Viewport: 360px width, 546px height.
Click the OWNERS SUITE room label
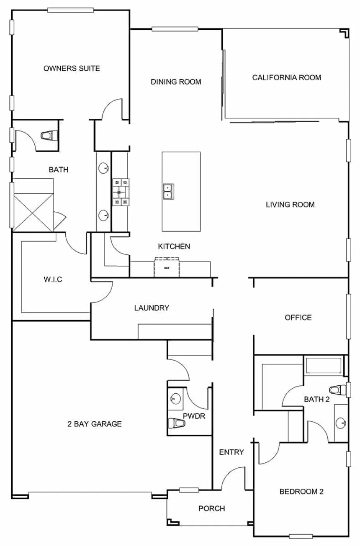pos(72,68)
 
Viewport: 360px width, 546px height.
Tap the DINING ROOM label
pos(176,82)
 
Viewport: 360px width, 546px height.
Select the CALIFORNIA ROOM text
pos(287,77)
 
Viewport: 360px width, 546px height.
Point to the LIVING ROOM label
pos(290,205)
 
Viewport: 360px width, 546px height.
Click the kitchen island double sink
pos(169,192)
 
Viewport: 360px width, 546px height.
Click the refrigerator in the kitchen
pos(167,267)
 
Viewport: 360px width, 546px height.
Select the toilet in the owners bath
pos(49,136)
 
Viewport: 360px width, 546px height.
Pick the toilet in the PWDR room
pos(177,423)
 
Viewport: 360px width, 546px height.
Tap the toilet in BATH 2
pos(338,390)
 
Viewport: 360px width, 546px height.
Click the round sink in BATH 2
pos(341,423)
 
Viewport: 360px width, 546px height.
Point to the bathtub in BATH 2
pos(324,366)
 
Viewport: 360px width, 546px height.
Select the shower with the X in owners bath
pos(33,212)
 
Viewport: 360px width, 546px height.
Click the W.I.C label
pos(53,279)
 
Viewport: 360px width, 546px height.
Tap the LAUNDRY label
pos(152,308)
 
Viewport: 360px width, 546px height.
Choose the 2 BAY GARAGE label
pos(95,424)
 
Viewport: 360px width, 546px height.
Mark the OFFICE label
pos(298,318)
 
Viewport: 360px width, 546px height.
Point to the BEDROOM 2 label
pos(301,492)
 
